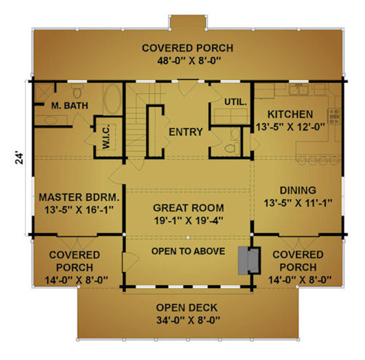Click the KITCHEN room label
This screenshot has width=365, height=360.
pyautogui.click(x=290, y=114)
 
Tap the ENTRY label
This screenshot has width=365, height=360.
pyautogui.click(x=186, y=132)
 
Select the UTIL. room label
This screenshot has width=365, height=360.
pyautogui.click(x=236, y=102)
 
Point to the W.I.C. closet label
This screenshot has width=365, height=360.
pyautogui.click(x=106, y=136)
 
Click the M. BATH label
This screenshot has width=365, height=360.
pyautogui.click(x=70, y=106)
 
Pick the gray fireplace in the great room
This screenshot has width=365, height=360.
pyautogui.click(x=249, y=260)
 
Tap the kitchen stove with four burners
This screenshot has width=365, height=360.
pyautogui.click(x=334, y=116)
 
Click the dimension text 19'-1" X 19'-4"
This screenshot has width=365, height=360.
pyautogui.click(x=189, y=221)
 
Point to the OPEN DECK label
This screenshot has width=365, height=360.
pyautogui.click(x=187, y=307)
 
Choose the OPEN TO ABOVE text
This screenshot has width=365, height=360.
pyautogui.click(x=188, y=251)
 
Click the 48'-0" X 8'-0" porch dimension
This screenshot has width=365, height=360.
pyautogui.click(x=189, y=61)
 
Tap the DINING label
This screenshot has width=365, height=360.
pyautogui.click(x=298, y=190)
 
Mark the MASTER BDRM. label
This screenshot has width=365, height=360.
pyautogui.click(x=79, y=197)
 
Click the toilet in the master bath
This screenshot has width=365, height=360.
pyautogui.click(x=77, y=91)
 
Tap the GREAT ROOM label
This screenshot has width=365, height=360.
pyautogui.click(x=189, y=208)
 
